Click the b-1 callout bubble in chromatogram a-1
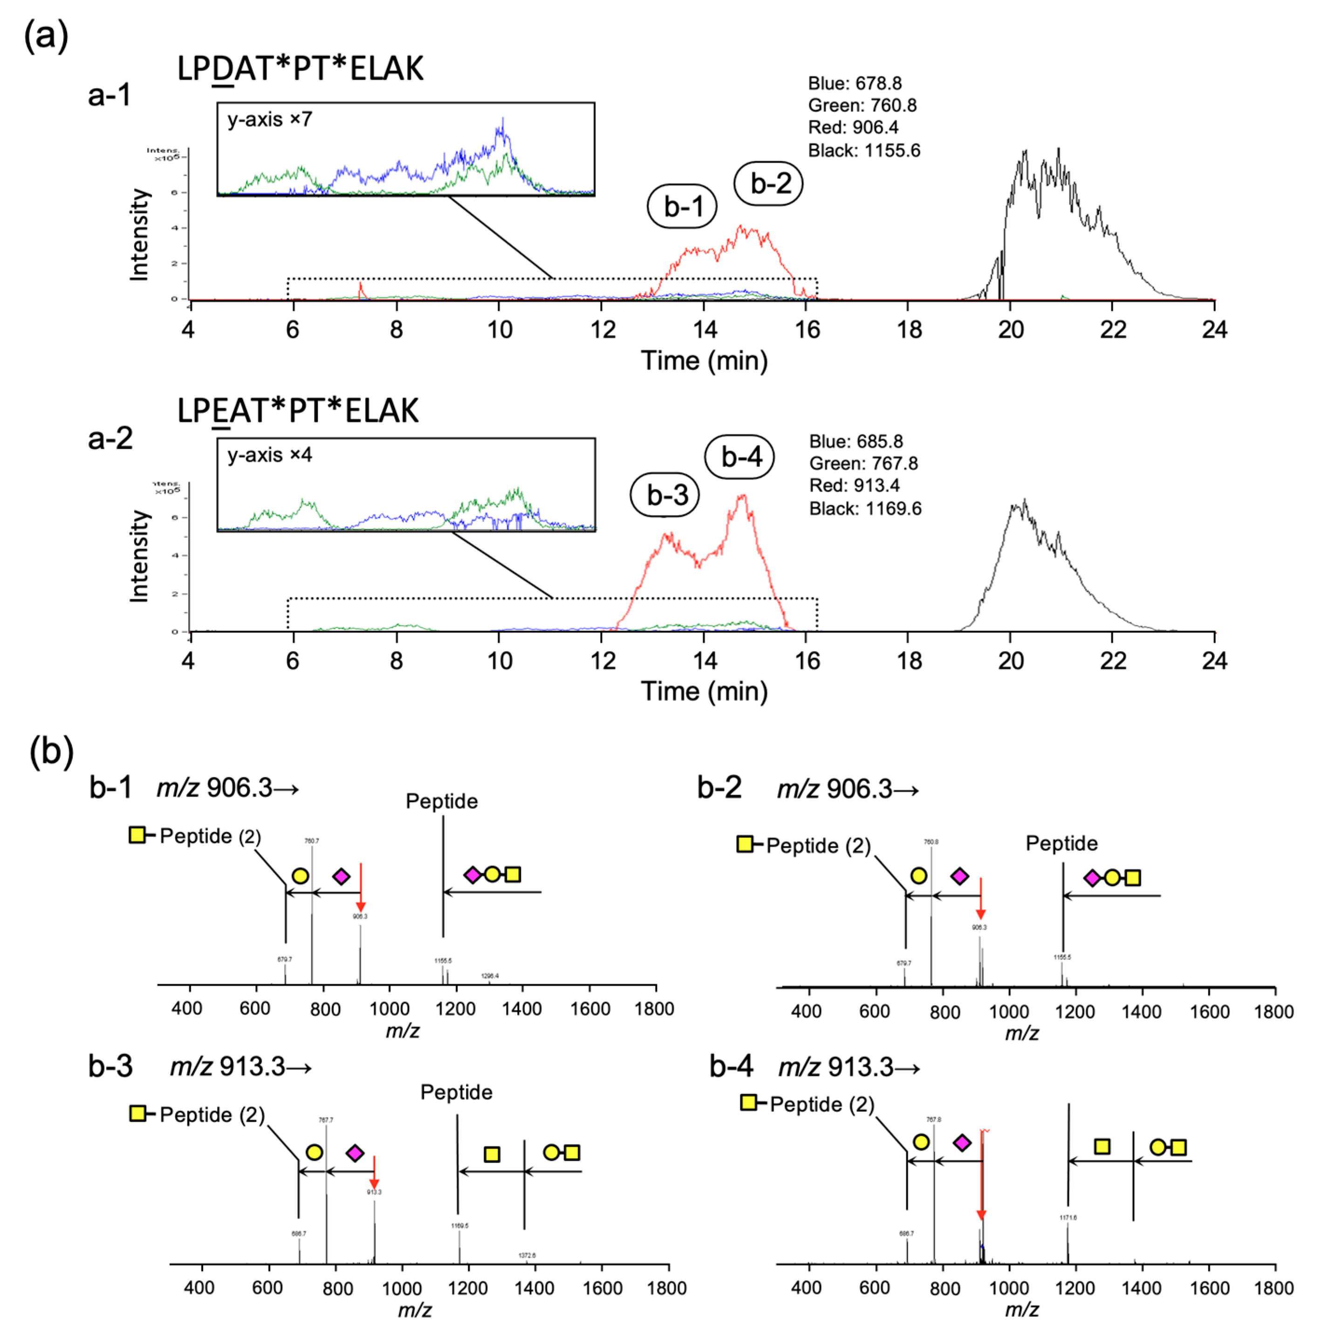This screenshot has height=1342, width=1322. tap(681, 206)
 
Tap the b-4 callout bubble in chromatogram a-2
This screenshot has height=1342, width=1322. tap(739, 457)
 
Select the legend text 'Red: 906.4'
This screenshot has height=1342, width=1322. tap(853, 128)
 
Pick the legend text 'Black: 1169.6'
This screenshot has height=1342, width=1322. tap(865, 509)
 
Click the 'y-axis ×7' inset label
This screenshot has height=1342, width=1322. tap(269, 120)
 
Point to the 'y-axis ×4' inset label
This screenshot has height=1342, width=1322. tap(269, 455)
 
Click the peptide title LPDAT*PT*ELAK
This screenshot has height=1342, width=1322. tap(300, 69)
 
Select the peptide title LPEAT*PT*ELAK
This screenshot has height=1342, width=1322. tap(298, 411)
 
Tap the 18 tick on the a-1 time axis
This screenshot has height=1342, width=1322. tap(909, 329)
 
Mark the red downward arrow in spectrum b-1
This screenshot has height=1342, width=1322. tap(360, 888)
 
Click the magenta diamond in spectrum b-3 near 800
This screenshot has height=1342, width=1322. tap(355, 1153)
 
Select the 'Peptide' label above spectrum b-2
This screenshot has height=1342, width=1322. tap(1062, 843)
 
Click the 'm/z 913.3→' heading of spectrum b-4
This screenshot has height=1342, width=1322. tap(849, 1067)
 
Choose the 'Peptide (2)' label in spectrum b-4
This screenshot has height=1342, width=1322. tap(822, 1104)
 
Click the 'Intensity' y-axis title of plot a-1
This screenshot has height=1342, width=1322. tap(139, 235)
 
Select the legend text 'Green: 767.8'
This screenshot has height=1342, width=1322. tap(863, 464)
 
